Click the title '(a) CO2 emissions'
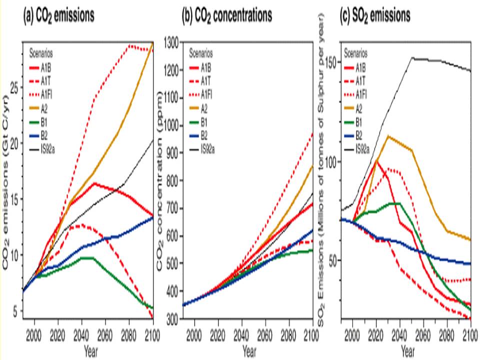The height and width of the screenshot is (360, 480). tap(59, 15)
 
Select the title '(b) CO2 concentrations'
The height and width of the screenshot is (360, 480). tap(227, 15)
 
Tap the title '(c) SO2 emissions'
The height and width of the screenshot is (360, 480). tap(375, 15)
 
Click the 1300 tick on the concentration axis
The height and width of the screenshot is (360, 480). tap(171, 43)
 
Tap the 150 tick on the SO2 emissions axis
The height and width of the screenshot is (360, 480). tap(331, 62)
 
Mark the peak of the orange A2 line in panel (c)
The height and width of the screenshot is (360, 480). tap(388, 135)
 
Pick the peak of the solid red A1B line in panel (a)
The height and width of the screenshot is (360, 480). tap(94, 183)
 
